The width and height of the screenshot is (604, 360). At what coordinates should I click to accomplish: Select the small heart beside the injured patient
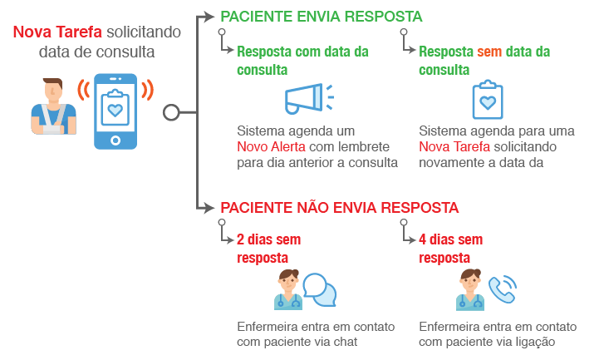[115, 110]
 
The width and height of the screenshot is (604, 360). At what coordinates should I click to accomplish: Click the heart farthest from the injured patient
[488, 102]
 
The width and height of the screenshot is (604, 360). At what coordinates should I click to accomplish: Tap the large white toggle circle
[171, 112]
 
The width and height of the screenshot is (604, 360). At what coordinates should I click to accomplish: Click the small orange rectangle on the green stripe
[492, 52]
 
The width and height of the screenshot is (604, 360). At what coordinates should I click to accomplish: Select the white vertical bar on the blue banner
[317, 97]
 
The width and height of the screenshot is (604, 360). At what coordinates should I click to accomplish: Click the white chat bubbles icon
[318, 288]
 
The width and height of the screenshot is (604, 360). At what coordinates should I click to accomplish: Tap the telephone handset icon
[501, 290]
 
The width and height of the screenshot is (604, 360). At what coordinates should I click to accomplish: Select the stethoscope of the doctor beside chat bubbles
[288, 301]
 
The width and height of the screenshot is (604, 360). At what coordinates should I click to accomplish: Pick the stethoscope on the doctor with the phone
[470, 301]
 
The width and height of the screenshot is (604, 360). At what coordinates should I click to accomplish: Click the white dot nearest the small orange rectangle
[404, 32]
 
